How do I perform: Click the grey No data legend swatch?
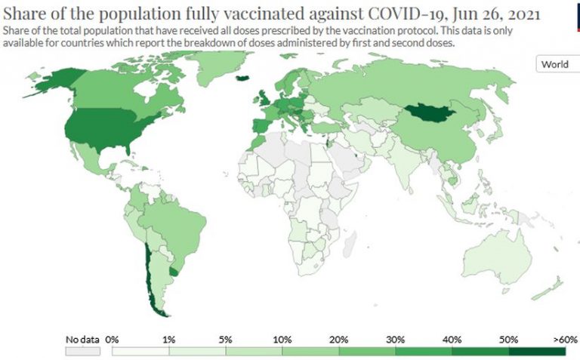(82, 351)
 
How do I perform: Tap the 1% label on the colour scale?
(169, 340)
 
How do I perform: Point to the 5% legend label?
(226, 340)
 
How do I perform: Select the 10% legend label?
(282, 340)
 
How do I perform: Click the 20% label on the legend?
(339, 340)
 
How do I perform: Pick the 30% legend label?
(396, 340)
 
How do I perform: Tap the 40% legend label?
(452, 340)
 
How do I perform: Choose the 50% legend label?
(509, 340)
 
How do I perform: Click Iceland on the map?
(242, 76)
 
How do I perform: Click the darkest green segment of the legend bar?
(537, 351)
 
